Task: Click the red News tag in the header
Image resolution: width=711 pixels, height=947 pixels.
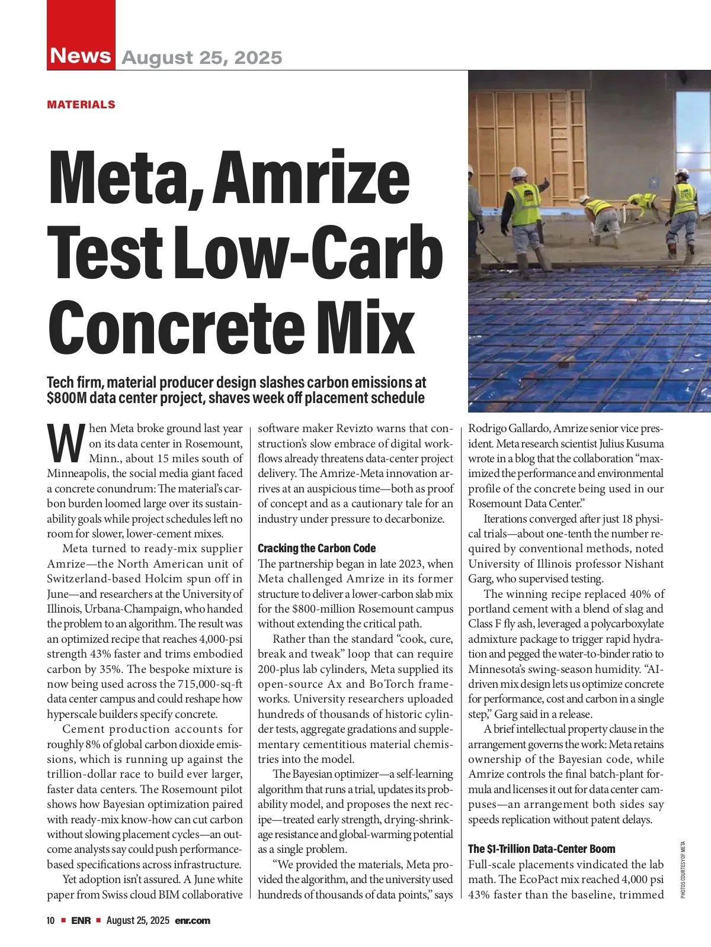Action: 81,56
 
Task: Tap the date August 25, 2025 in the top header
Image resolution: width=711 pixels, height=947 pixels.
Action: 201,57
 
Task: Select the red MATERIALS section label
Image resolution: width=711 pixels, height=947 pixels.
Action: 81,105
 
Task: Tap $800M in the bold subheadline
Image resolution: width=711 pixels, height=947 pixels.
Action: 67,398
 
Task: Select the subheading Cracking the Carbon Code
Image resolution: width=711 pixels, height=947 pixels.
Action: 316,548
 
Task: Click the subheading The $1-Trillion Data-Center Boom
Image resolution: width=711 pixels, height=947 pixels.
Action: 542,849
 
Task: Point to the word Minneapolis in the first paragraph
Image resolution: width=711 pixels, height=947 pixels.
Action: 78,474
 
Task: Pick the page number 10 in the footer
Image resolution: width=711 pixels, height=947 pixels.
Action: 51,920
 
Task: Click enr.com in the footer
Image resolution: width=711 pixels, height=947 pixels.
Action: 193,920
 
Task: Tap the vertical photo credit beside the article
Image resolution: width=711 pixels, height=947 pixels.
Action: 683,870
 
